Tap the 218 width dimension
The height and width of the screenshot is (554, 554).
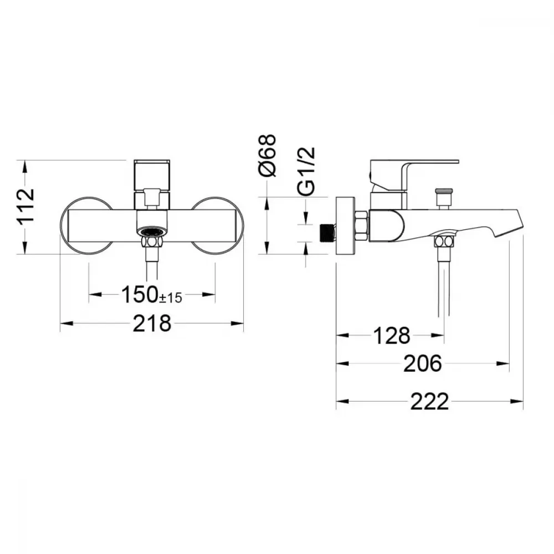(152, 324)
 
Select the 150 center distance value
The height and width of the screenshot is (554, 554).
(140, 294)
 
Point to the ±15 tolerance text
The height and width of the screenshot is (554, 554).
(171, 298)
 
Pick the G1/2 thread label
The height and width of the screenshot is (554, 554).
(306, 171)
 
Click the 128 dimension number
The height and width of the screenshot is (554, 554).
(392, 335)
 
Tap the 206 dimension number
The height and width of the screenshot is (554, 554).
(423, 363)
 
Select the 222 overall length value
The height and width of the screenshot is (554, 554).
(429, 401)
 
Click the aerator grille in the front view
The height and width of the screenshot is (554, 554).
(152, 232)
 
